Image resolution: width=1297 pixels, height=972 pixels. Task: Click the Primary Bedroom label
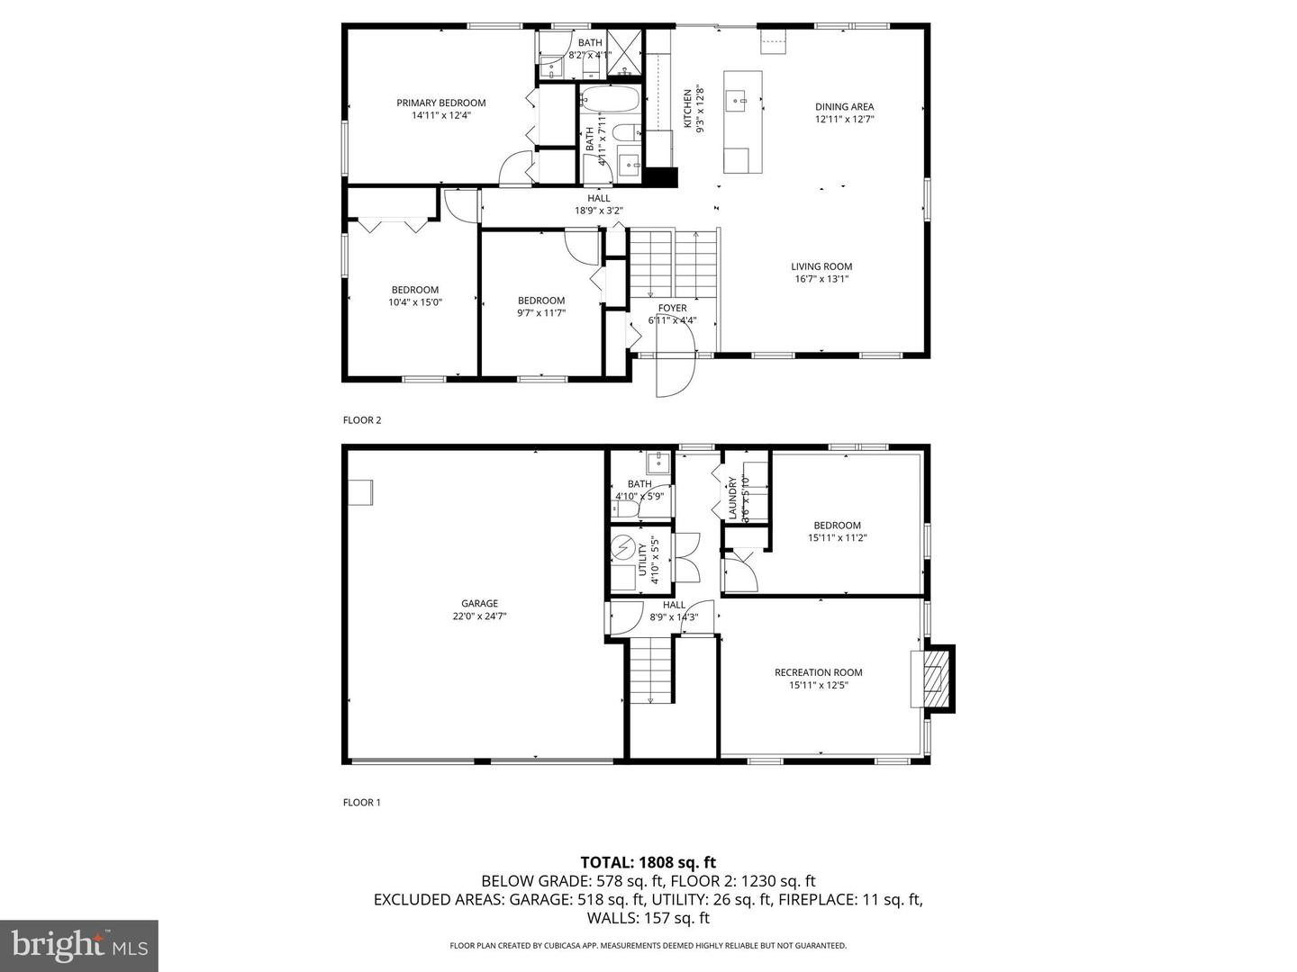440,103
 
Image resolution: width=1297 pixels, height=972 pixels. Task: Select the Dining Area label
844,106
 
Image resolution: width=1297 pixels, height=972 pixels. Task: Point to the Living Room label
821,266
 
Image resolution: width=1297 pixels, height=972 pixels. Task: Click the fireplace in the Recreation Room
934,678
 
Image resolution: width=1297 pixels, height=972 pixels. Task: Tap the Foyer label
672,308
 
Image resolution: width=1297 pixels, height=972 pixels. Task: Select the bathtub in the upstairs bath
609,98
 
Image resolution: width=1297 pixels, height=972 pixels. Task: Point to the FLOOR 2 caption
362,419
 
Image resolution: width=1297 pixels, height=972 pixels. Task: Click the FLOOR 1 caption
362,802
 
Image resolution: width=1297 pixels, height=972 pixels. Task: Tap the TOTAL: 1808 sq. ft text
648,862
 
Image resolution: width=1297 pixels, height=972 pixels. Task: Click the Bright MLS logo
79,945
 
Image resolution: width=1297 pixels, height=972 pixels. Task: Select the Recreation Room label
818,672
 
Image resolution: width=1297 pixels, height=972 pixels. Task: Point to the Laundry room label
732,498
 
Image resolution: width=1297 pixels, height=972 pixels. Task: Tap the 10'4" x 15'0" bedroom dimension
414,302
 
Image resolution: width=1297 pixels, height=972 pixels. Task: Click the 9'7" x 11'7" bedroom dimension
540,313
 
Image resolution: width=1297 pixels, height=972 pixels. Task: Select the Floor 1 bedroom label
837,526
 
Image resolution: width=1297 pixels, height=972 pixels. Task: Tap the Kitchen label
687,108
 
